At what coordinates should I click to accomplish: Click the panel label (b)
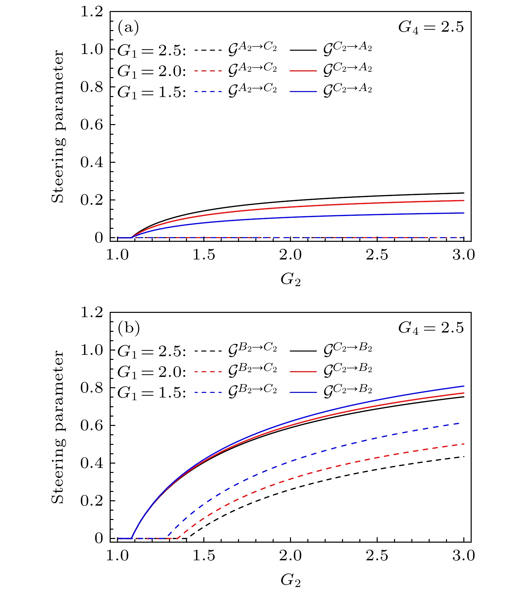click(129, 329)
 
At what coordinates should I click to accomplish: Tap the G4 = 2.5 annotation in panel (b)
click(431, 328)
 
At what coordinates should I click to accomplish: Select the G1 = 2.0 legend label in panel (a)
click(151, 71)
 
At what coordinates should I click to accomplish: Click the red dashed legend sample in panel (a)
click(208, 71)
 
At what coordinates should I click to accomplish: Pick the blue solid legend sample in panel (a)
click(303, 91)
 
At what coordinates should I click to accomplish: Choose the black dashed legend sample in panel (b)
click(208, 351)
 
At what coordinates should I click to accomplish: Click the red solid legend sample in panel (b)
click(303, 371)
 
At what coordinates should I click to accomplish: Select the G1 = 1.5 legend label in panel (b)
click(151, 392)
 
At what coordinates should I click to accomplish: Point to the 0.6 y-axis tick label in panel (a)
click(91, 125)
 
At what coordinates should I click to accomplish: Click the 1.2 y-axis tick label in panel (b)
click(91, 313)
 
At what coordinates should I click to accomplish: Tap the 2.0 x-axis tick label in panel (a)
click(290, 255)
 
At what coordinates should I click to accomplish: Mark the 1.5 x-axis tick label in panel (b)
click(204, 556)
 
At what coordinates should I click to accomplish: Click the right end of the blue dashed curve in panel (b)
click(463, 423)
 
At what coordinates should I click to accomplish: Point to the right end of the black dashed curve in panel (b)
click(464, 457)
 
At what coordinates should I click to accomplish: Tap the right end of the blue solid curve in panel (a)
click(464, 213)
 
